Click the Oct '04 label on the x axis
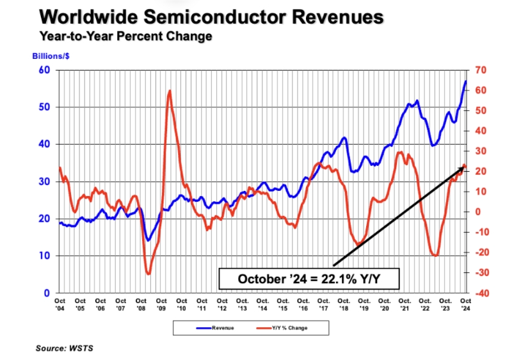click(x=60, y=304)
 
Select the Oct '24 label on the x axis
click(x=465, y=304)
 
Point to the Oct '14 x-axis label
click(x=262, y=304)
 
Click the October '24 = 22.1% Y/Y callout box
click(x=310, y=279)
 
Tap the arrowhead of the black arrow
click(x=462, y=168)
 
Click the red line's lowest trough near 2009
click(x=149, y=274)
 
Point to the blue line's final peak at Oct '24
click(x=465, y=81)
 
